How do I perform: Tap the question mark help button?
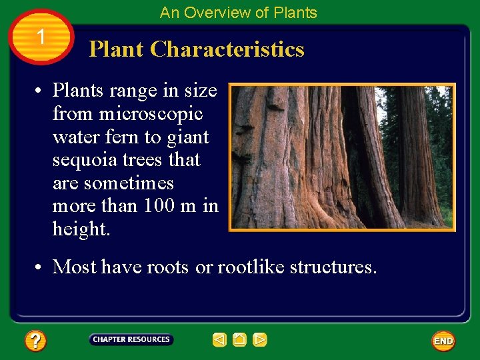(x=35, y=341)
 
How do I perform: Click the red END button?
(x=443, y=341)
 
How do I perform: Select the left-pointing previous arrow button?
(x=219, y=340)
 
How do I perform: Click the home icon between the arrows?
(x=239, y=340)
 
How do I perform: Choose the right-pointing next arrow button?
(x=260, y=340)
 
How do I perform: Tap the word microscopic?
(x=151, y=114)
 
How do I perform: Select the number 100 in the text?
(x=159, y=206)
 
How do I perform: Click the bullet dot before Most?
(x=41, y=267)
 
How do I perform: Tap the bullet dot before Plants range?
(x=41, y=91)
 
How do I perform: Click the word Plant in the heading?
(x=117, y=49)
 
